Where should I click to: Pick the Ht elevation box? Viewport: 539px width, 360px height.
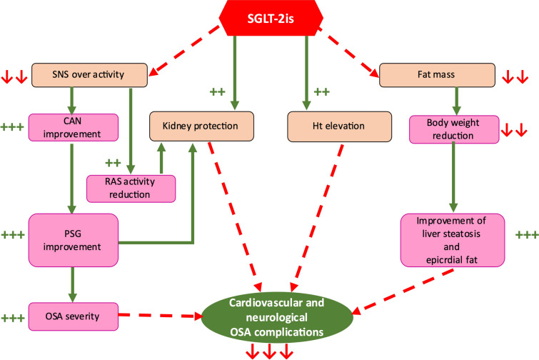click(340, 126)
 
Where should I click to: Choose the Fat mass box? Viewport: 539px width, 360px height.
click(437, 74)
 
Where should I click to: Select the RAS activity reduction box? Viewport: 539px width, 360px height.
click(131, 188)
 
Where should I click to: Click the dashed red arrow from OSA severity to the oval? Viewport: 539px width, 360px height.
click(161, 314)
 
